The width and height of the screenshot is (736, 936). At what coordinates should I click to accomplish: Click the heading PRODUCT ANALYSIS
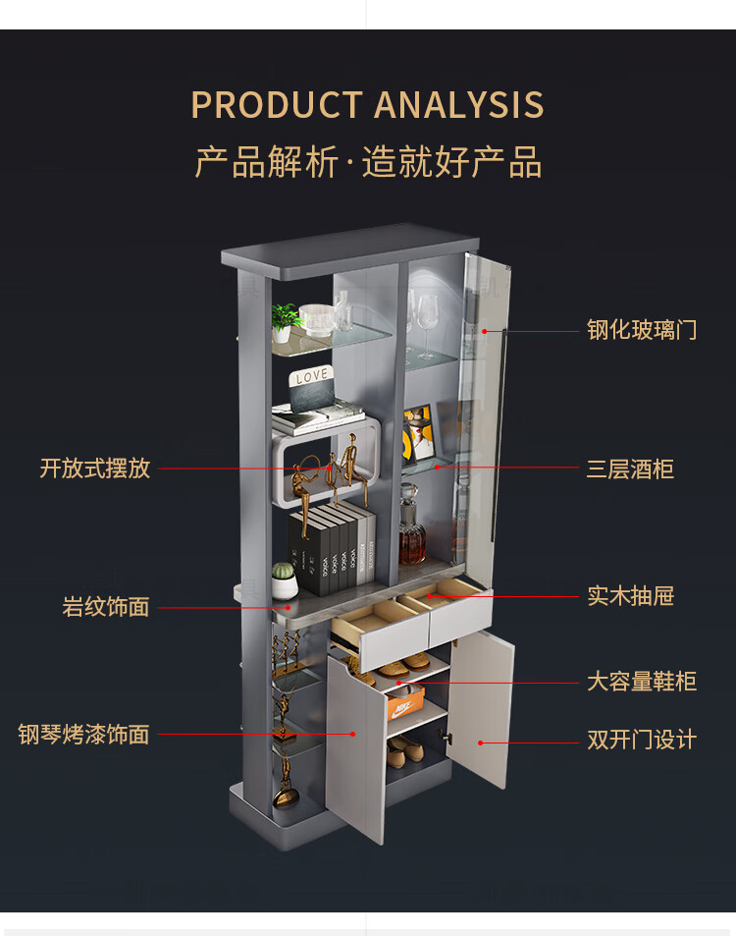tap(367, 105)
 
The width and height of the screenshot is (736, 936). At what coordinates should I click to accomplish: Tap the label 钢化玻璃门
tap(642, 330)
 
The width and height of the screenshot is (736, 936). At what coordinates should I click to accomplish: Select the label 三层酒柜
tap(630, 468)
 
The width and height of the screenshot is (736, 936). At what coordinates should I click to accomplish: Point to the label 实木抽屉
tap(630, 596)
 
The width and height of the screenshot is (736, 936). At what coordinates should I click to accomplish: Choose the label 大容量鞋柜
tap(642, 682)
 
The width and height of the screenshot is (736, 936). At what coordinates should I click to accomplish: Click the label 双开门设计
tap(642, 740)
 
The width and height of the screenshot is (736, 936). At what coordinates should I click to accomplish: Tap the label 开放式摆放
tap(94, 468)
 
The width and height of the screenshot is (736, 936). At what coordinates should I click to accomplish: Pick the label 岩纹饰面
tap(106, 607)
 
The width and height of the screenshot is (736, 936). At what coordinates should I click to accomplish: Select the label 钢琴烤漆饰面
tap(83, 735)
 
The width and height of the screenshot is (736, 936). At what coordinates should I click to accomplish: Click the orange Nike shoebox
tap(404, 701)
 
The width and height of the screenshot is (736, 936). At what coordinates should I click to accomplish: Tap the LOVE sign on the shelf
tap(311, 376)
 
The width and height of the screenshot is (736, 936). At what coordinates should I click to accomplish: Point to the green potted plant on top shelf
tap(286, 320)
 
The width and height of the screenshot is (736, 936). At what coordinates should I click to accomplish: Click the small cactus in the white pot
tap(284, 580)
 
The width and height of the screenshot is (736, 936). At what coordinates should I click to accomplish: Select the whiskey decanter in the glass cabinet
tap(412, 535)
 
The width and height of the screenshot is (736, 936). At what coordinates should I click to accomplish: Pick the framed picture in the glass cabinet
tap(419, 434)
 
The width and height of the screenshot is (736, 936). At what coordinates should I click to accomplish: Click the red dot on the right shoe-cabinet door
tap(480, 743)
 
